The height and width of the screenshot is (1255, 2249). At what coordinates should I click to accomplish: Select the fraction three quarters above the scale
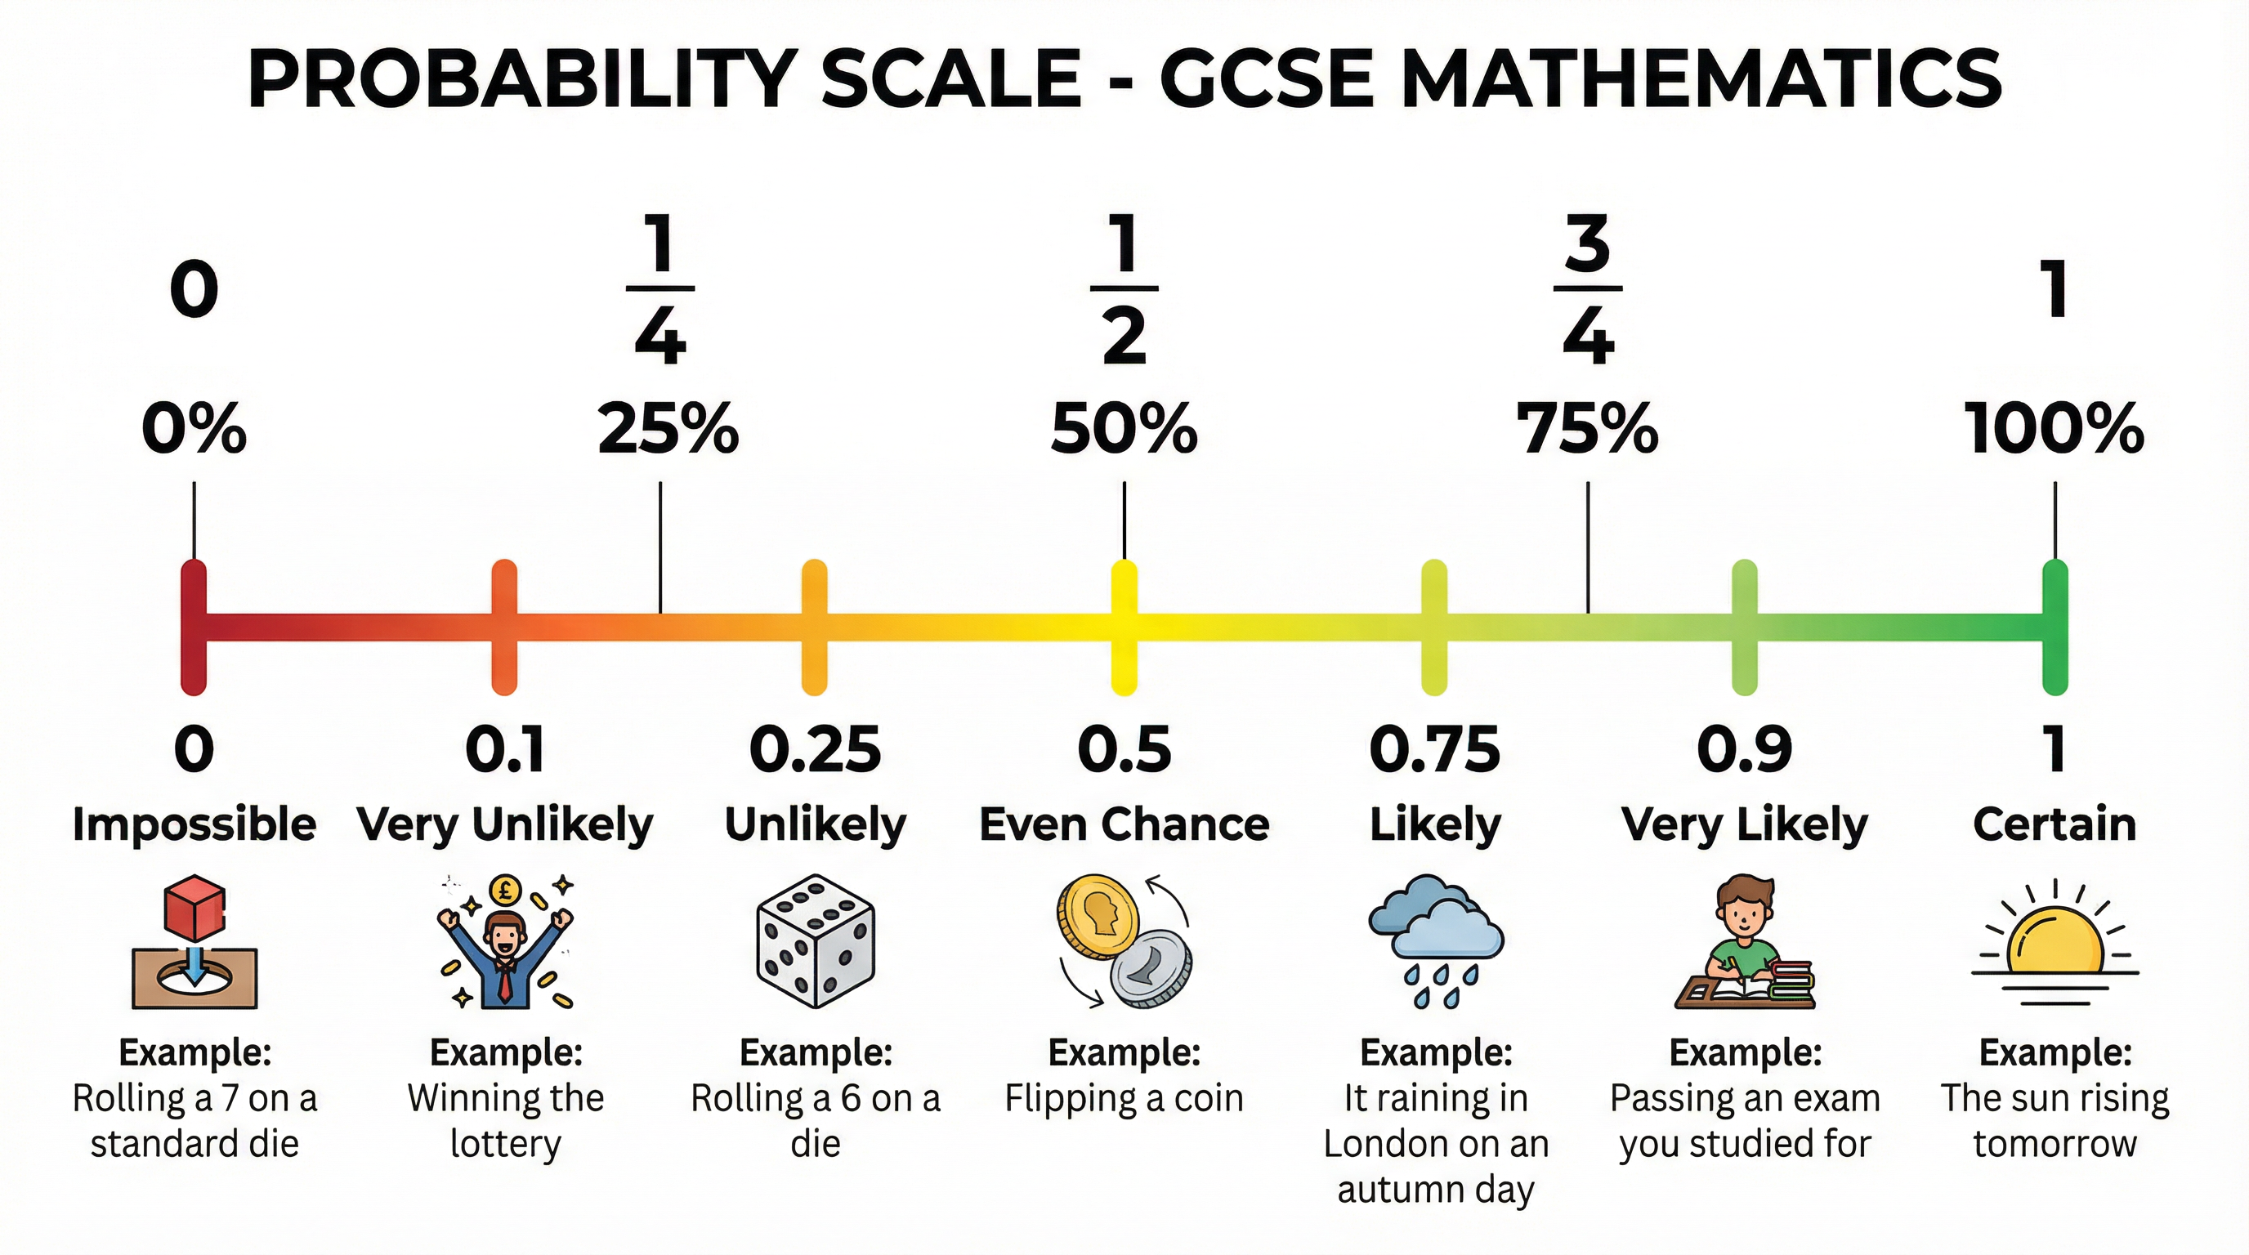pyautogui.click(x=1587, y=289)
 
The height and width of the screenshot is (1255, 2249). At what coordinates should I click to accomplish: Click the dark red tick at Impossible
pyautogui.click(x=194, y=627)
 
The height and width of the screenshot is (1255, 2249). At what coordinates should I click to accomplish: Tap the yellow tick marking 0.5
pyautogui.click(x=1124, y=627)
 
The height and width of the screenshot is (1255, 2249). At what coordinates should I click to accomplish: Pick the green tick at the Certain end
pyautogui.click(x=2055, y=627)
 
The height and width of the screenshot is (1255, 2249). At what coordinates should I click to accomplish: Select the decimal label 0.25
pyautogui.click(x=816, y=750)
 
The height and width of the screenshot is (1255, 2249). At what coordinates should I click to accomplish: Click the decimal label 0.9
pyautogui.click(x=1745, y=750)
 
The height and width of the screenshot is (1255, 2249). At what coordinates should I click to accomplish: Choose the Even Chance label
pyautogui.click(x=1124, y=824)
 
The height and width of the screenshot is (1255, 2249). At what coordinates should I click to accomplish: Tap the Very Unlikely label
pyautogui.click(x=504, y=824)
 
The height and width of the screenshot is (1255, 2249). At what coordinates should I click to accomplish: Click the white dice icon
pyautogui.click(x=816, y=940)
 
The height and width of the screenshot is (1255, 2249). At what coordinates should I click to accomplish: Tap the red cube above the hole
pyautogui.click(x=194, y=906)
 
